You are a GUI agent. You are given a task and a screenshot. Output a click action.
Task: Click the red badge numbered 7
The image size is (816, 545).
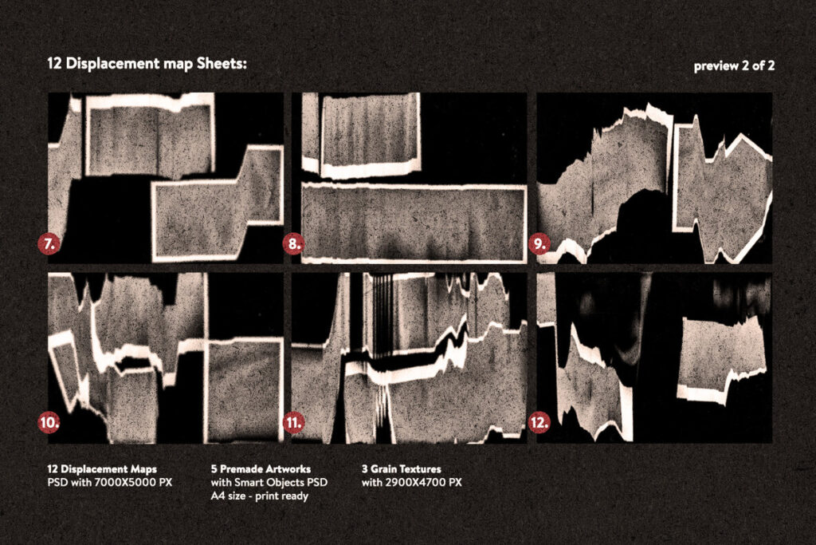[49, 244]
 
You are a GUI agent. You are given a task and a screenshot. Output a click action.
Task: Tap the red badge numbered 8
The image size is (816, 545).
[293, 244]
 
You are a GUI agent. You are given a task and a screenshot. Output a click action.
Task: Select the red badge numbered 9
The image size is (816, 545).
[539, 244]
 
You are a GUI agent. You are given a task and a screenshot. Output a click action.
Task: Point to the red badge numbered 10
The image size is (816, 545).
[49, 423]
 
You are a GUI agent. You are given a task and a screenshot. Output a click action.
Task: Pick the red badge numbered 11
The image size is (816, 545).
[293, 423]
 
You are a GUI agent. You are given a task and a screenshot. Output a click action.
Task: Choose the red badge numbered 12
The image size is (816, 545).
[539, 423]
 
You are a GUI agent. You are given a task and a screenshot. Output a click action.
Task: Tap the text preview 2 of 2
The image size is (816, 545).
[734, 66]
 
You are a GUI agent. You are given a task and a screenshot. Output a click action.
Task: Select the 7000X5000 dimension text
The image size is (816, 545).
[133, 482]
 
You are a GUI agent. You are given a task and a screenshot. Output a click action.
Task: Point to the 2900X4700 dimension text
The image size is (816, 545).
[423, 482]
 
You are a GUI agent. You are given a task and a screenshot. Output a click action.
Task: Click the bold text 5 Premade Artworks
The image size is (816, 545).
[261, 469]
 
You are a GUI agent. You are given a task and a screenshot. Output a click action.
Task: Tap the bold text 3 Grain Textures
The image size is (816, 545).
[402, 469]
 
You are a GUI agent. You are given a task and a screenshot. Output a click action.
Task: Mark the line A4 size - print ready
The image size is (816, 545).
[260, 496]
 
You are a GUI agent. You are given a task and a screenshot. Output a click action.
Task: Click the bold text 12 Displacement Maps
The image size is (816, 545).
[102, 469]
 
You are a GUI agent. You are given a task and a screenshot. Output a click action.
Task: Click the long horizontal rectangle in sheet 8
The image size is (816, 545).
[414, 223]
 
